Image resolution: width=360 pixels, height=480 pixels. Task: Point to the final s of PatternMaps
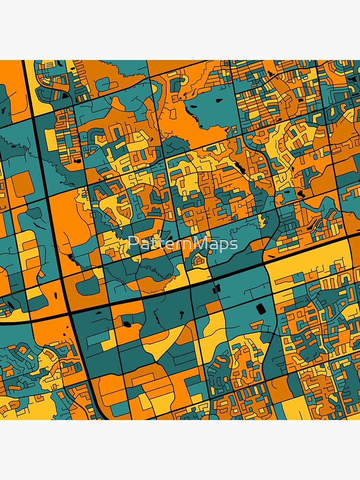point(234,244)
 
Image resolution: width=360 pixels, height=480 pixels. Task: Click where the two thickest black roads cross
point(71,312)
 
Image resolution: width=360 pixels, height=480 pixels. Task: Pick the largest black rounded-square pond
point(261,309)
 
